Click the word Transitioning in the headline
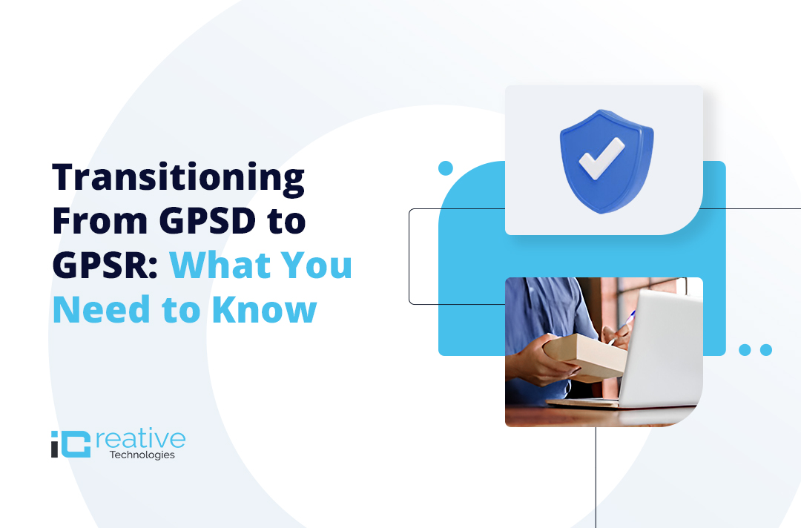(179, 179)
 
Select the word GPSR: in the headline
(105, 265)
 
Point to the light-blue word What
(220, 265)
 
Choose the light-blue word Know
(265, 309)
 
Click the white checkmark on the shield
(601, 158)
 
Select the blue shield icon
(607, 162)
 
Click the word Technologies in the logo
(142, 455)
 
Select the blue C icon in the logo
(78, 444)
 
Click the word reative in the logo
(140, 438)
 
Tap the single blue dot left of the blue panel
(446, 168)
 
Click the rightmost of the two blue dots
(765, 350)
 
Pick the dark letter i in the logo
(55, 444)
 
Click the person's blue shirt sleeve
(557, 306)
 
